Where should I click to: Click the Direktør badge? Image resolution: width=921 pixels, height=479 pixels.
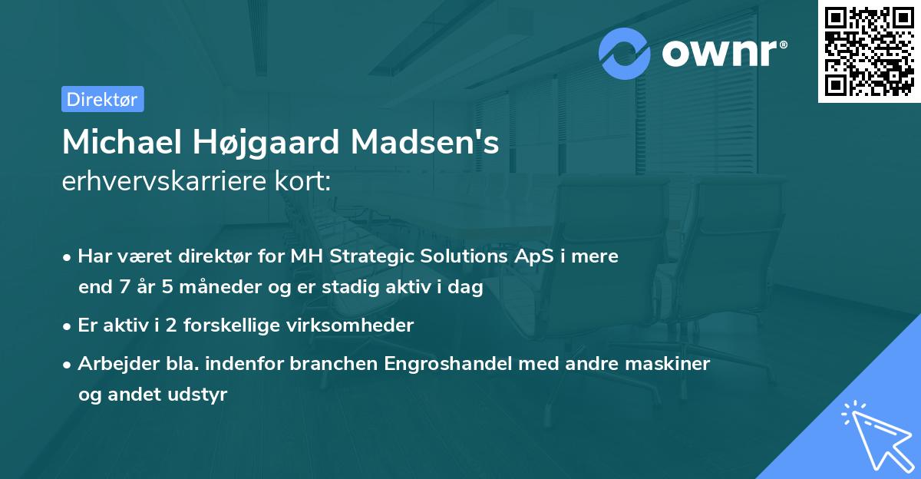coord(102,99)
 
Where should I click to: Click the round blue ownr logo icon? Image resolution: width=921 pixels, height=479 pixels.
coord(625,53)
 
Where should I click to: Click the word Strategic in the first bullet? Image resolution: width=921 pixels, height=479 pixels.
coord(368,256)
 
